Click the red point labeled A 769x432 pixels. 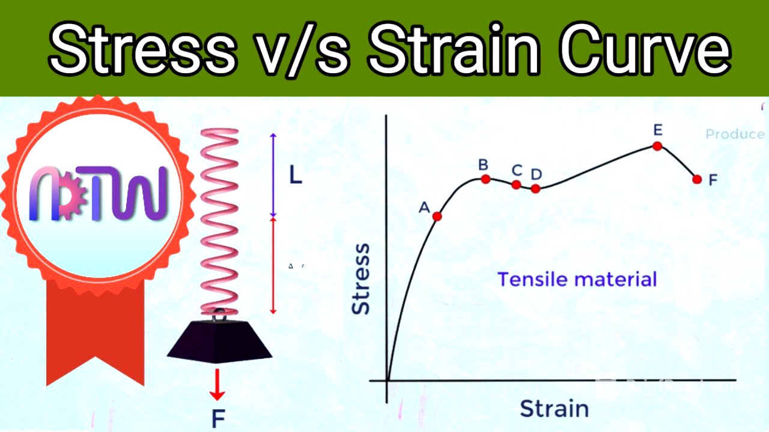pos(437,216)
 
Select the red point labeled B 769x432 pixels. pos(485,179)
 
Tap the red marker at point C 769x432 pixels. pos(516,184)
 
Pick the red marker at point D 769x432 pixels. pos(535,188)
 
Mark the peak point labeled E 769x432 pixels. pos(657,146)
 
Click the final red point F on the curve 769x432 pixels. pos(697,179)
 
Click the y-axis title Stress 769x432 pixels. pos(360,278)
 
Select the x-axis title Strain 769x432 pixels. pos(553,408)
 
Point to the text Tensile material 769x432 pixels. pos(577,279)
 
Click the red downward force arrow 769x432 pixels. pos(217,385)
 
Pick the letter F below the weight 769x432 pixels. pos(217,418)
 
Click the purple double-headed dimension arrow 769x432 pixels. pos(273,175)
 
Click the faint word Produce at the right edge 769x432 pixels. pos(735,134)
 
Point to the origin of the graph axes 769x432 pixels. pos(388,380)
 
